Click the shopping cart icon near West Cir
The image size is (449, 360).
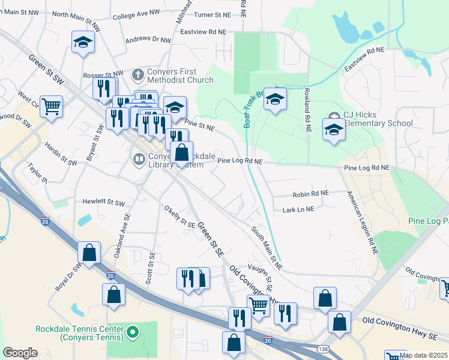coord(52,107)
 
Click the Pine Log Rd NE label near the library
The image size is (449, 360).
coord(240,161)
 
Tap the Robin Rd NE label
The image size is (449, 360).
coord(310,194)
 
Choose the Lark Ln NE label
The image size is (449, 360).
coord(298,209)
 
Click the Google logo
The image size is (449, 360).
coord(20,353)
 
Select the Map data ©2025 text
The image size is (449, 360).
coord(423,355)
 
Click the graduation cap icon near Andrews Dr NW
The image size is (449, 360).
coord(83,43)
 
